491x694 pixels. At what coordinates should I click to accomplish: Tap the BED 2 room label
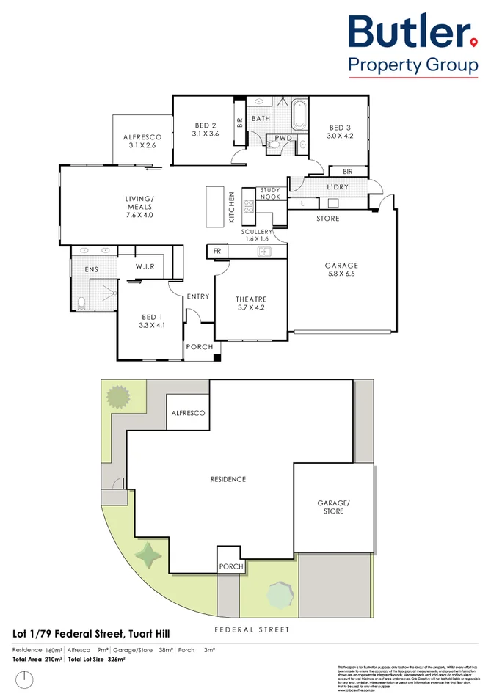(x=205, y=125)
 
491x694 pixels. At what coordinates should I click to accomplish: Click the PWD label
(x=283, y=138)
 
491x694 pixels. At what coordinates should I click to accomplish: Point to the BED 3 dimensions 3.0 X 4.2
(x=340, y=135)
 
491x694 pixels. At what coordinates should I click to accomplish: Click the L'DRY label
(x=338, y=188)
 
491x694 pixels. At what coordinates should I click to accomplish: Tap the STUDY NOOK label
(x=270, y=194)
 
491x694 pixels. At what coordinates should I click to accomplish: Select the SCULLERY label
(x=257, y=232)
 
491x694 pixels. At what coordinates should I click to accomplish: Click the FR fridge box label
(x=217, y=251)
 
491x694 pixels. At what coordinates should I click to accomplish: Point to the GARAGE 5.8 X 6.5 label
(x=341, y=269)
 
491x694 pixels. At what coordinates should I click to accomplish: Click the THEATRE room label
(x=251, y=299)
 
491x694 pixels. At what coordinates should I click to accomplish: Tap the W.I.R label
(x=144, y=267)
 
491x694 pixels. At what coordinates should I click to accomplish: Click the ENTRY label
(x=198, y=296)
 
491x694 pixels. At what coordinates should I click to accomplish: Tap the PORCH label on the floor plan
(x=198, y=347)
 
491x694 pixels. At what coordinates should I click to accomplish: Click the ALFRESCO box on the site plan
(x=189, y=414)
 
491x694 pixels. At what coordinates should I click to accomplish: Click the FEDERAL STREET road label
(x=252, y=629)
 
